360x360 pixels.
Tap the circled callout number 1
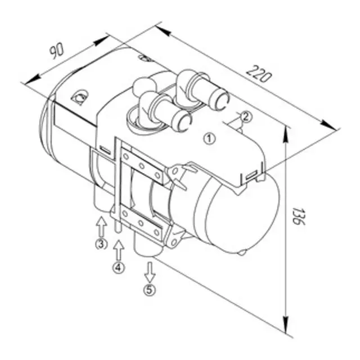click(x=209, y=137)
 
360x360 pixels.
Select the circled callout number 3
click(x=101, y=244)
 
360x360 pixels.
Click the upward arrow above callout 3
click(x=101, y=227)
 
